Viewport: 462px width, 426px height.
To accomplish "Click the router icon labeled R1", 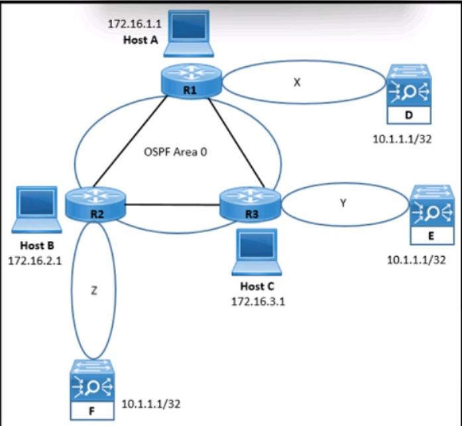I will [x=191, y=82].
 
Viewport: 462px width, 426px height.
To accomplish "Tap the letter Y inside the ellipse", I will [x=342, y=203].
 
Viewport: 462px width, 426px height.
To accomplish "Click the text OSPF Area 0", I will [x=174, y=151].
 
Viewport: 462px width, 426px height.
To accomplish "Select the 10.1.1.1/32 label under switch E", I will [x=416, y=259].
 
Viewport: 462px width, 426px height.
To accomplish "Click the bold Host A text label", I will [x=140, y=40].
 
